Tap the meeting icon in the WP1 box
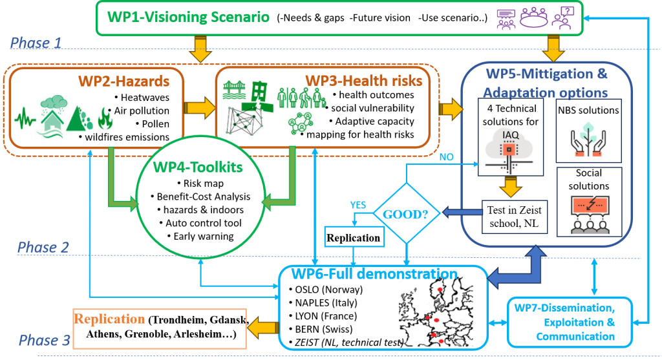(x=535, y=18)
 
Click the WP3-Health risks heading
(x=364, y=81)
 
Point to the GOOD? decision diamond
(x=407, y=213)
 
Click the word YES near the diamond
(x=358, y=205)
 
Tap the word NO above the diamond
(x=446, y=156)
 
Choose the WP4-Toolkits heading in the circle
(x=198, y=166)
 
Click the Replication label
(x=109, y=319)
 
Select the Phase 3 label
(x=44, y=341)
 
